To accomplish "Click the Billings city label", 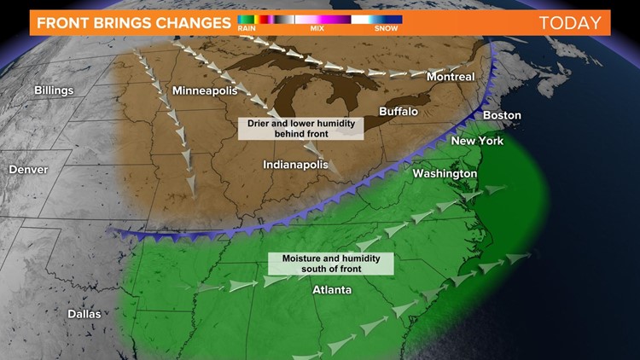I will (x=54, y=90).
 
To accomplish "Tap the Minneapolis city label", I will (x=206, y=90).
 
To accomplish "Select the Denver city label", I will (x=28, y=170).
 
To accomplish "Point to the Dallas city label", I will (x=84, y=314).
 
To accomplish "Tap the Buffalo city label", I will (x=399, y=112).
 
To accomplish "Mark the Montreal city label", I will (x=450, y=77).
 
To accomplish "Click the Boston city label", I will (x=502, y=115).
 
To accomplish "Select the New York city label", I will (x=477, y=141).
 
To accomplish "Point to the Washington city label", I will (x=445, y=174).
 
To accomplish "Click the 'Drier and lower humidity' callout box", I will (x=300, y=128).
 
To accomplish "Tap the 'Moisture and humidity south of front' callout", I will (x=330, y=263).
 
